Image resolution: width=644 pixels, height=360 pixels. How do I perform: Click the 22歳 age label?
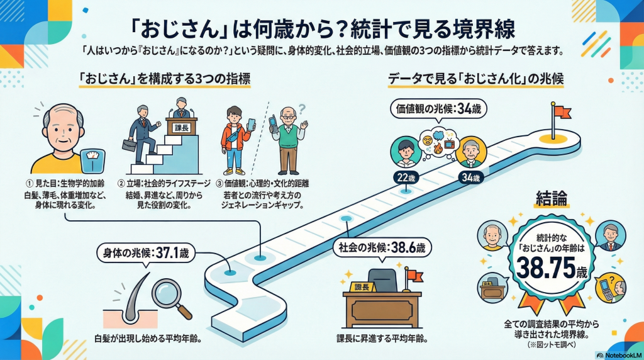(x=400, y=178)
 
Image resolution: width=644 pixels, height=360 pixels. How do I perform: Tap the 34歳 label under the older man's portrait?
(x=471, y=178)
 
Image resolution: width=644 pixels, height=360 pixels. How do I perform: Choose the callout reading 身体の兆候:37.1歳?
(x=147, y=254)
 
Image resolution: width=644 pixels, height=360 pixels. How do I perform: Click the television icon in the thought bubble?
(x=450, y=144)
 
